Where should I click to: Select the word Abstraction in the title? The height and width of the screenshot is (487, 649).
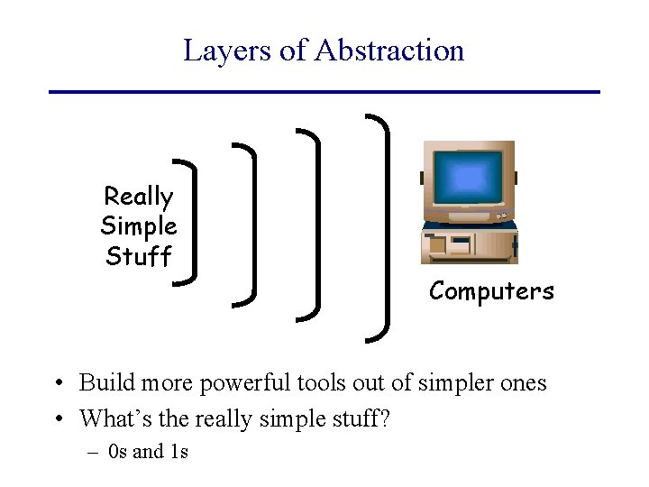pyautogui.click(x=389, y=51)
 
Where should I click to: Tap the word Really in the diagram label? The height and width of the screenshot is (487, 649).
pyautogui.click(x=138, y=197)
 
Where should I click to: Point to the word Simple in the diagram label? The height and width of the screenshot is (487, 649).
pyautogui.click(x=138, y=226)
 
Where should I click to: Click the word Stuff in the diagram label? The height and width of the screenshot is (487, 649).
pyautogui.click(x=138, y=257)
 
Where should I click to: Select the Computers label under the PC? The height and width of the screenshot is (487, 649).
pyautogui.click(x=491, y=291)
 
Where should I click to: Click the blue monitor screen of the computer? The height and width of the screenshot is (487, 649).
pyautogui.click(x=467, y=178)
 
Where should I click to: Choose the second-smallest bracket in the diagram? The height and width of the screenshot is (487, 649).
pyautogui.click(x=250, y=222)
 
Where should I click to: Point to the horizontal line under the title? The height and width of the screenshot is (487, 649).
pyautogui.click(x=324, y=92)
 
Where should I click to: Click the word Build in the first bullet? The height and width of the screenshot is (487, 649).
pyautogui.click(x=99, y=383)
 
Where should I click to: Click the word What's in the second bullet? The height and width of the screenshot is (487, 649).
pyautogui.click(x=109, y=419)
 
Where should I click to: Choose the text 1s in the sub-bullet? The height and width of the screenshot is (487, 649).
pyautogui.click(x=178, y=452)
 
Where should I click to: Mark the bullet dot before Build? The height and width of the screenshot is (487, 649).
pyautogui.click(x=57, y=384)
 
